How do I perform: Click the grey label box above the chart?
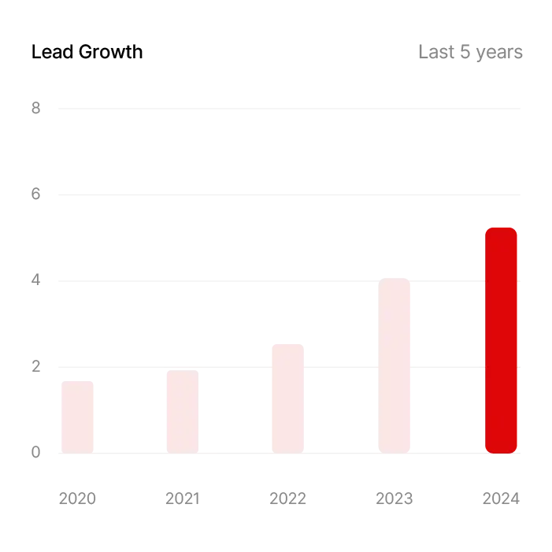(x=469, y=54)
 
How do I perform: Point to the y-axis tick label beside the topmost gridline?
(x=37, y=110)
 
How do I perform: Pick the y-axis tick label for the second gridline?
(x=37, y=192)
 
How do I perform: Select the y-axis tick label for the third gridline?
(x=37, y=280)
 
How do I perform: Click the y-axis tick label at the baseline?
(x=37, y=450)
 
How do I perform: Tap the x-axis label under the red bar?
(x=501, y=501)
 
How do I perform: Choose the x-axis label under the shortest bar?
(x=78, y=501)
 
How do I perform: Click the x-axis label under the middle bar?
(x=287, y=501)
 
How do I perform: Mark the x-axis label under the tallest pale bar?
(x=393, y=501)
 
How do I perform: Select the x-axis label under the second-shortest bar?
(x=183, y=501)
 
